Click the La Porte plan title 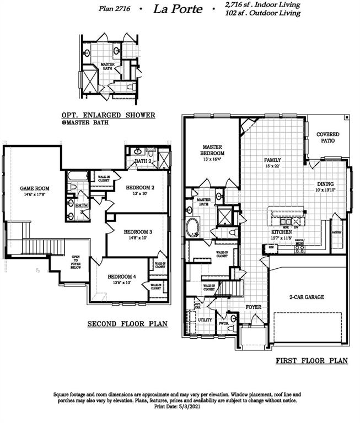tap(185, 9)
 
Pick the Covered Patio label tap(328, 138)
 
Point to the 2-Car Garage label tap(307, 297)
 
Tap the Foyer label tap(253, 307)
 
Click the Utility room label tap(205, 319)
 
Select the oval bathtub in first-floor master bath tap(193, 227)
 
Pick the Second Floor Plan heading tap(127, 324)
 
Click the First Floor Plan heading tap(311, 361)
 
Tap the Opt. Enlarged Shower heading tap(108, 115)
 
